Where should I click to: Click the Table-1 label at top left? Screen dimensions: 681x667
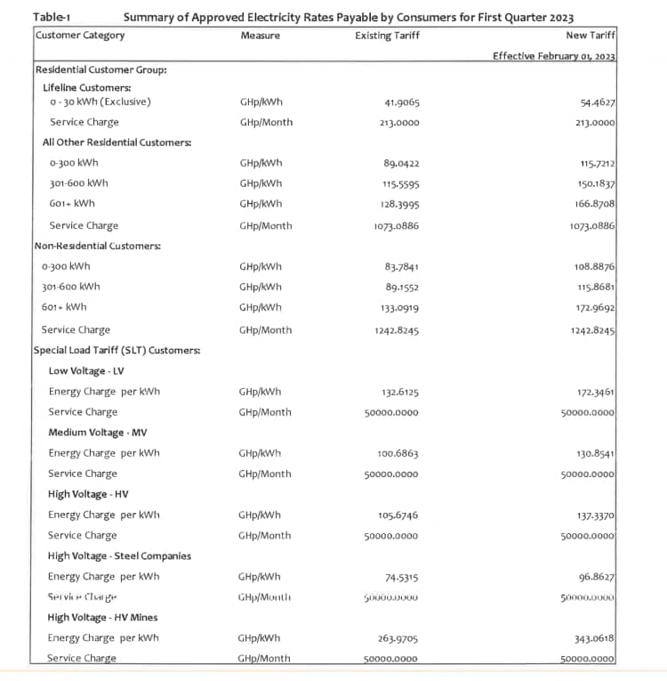(52, 17)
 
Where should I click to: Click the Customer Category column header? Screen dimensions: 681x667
(80, 36)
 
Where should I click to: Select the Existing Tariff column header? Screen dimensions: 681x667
(387, 36)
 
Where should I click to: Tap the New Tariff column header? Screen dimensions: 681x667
(591, 36)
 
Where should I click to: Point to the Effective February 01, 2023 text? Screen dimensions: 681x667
(554, 56)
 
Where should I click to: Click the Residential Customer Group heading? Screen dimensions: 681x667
(100, 69)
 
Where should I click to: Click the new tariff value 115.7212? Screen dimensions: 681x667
(596, 164)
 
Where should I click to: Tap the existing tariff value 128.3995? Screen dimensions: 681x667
(399, 205)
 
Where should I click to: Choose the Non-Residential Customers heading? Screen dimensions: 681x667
(97, 246)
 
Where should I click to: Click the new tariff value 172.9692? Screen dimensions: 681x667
(596, 308)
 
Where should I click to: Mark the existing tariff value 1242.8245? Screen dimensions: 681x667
(397, 329)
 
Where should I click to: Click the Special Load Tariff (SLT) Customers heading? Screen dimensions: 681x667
(117, 350)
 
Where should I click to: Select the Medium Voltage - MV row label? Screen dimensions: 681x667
(97, 432)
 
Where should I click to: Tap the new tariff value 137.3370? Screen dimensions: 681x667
(596, 515)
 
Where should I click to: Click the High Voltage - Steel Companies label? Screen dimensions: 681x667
(119, 555)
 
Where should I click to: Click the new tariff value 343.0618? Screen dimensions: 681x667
(596, 638)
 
